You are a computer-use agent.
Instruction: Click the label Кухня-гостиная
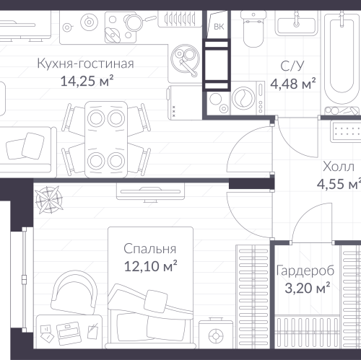[x=85, y=63]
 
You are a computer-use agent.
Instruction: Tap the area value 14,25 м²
[x=87, y=81]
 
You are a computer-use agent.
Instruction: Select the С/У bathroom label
[x=292, y=66]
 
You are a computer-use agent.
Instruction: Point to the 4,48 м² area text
[x=293, y=84]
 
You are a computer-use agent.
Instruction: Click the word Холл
[x=339, y=167]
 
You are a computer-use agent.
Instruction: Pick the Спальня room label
[x=149, y=249]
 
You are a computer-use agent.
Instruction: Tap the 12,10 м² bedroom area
[x=150, y=266]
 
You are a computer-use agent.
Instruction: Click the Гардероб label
[x=305, y=271]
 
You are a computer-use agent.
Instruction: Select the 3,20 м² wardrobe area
[x=307, y=288]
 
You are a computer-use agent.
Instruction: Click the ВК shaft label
[x=219, y=27]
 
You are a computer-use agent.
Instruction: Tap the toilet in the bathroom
[x=253, y=29]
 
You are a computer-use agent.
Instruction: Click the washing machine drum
[x=244, y=99]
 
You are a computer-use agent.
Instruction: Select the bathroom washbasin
[x=296, y=24]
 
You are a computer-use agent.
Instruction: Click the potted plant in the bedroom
[x=49, y=200]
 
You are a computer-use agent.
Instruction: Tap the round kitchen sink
[x=185, y=59]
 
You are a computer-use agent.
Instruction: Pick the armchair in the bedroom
[x=74, y=292]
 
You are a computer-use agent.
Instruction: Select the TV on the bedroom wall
[x=150, y=192]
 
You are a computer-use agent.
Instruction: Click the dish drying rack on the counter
[x=180, y=19]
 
